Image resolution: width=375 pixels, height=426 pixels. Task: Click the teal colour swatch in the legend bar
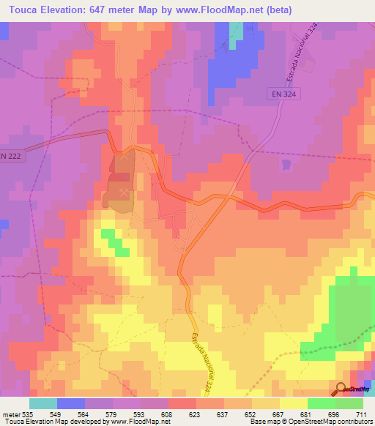click(43, 403)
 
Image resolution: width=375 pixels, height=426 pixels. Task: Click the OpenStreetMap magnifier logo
click(342, 389)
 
